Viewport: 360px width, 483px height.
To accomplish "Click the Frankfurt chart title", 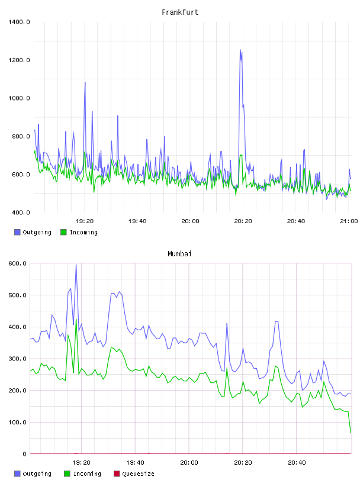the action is tap(180, 12).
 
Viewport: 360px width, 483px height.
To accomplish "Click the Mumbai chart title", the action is tap(179, 254).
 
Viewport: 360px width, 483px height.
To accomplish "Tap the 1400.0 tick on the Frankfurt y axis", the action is tap(19, 22).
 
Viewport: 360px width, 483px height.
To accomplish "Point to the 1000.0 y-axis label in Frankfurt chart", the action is tap(19, 98).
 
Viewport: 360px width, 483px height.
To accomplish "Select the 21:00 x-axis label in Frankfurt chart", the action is tap(349, 221).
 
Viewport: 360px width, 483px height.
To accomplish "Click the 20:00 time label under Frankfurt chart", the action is tap(190, 221).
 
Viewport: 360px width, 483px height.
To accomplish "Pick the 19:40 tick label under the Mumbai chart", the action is tap(135, 463).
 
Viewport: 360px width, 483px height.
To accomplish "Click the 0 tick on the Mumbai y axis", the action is tap(24, 454).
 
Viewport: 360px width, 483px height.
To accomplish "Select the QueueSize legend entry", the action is tap(134, 474).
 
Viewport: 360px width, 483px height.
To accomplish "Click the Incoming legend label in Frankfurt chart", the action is tap(83, 232).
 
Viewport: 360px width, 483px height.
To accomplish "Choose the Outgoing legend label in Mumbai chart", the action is tap(37, 474).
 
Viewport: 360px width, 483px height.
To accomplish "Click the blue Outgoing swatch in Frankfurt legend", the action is tap(17, 232).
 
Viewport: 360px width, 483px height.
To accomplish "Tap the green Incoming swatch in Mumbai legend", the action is tap(67, 474).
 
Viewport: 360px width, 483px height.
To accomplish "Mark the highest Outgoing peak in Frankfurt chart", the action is tap(240, 49).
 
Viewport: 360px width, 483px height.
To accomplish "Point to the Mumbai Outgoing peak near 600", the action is tap(76, 265).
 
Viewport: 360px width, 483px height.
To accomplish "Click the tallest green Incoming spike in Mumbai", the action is tap(76, 319).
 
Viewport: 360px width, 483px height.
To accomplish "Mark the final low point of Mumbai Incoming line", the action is tap(351, 433).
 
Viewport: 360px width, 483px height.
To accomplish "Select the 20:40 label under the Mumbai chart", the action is tap(297, 463).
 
